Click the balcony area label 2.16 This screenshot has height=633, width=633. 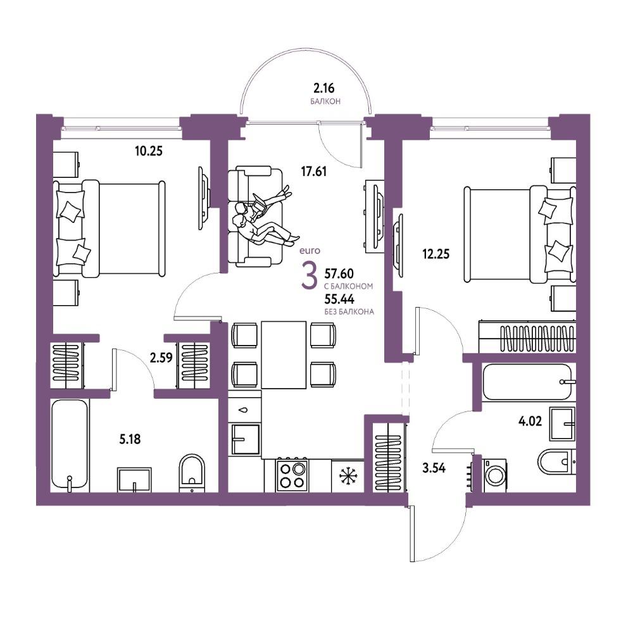click(324, 87)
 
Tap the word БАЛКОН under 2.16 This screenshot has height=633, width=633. click(325, 101)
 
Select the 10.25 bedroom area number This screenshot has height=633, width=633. click(149, 151)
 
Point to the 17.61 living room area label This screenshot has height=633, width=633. click(314, 172)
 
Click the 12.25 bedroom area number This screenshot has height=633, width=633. click(436, 254)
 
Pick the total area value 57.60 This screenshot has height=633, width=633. click(339, 273)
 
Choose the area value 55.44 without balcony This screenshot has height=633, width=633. click(339, 299)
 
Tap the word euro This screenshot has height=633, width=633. click(310, 251)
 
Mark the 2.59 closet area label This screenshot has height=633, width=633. click(161, 358)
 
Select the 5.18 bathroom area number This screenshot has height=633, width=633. click(130, 439)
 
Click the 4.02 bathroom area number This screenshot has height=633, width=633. click(530, 421)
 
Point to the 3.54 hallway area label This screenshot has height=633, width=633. click(434, 468)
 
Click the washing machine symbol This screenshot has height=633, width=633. click(495, 475)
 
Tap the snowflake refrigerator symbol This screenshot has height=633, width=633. click(347, 477)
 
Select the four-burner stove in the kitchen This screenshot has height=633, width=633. click(291, 475)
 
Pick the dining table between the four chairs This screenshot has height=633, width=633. click(284, 355)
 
